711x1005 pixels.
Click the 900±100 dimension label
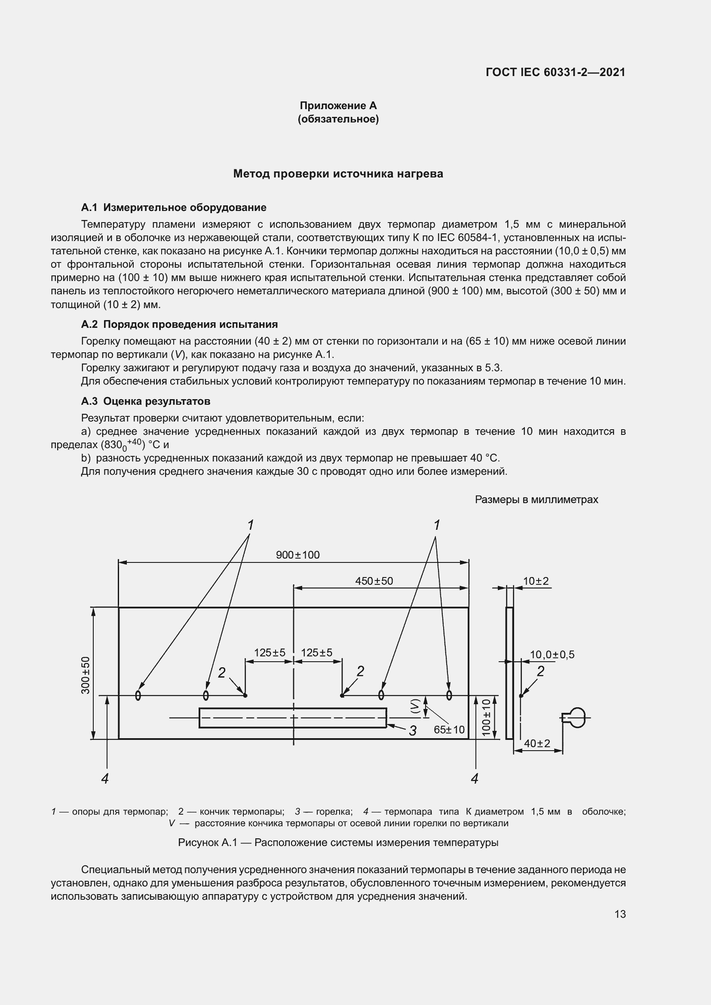[298, 555]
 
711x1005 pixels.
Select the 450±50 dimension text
[374, 581]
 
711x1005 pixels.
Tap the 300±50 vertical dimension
[86, 675]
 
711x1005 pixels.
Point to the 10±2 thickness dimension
[536, 581]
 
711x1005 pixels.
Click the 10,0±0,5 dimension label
[552, 654]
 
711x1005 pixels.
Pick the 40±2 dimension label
[537, 743]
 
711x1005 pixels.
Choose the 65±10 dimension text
[449, 730]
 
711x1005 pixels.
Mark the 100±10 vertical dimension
[487, 718]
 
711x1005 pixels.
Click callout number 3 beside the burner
[412, 730]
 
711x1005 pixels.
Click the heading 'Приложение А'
[338, 106]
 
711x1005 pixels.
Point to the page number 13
[620, 914]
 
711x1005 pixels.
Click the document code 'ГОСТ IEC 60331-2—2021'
[555, 72]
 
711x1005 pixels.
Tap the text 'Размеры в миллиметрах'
[536, 499]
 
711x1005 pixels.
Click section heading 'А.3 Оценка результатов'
[146, 401]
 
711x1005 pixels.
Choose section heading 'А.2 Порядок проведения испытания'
[180, 324]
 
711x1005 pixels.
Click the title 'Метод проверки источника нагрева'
[338, 174]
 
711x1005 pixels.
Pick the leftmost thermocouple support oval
[138, 695]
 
